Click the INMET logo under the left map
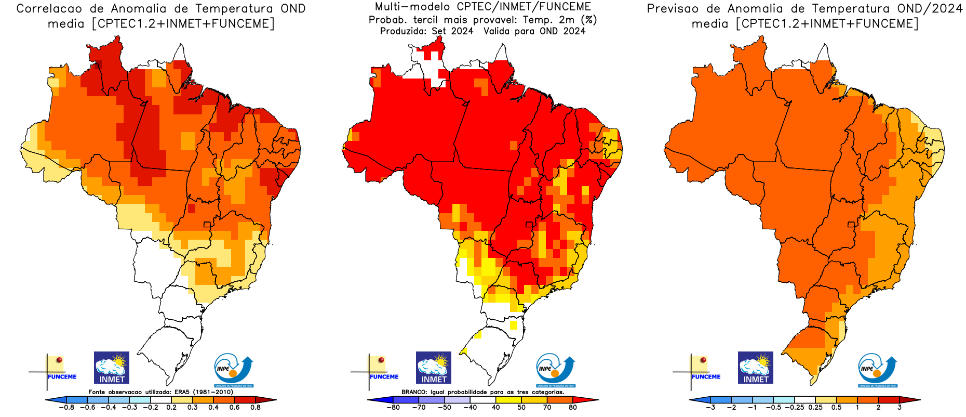[x=112, y=368]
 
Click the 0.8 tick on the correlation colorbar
[x=256, y=407]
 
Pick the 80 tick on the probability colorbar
[x=573, y=407]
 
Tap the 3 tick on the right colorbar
[x=900, y=407]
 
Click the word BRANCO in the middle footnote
[x=414, y=392]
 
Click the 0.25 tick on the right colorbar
[x=815, y=407]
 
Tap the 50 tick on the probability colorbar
[x=521, y=407]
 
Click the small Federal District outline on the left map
[x=207, y=225]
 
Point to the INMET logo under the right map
[x=756, y=368]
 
